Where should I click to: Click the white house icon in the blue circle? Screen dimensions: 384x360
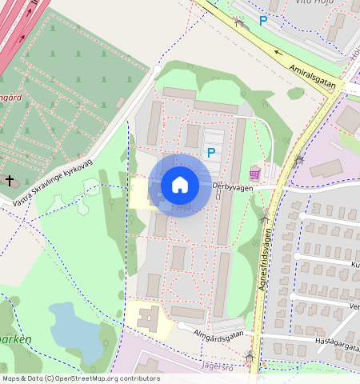tap(180, 185)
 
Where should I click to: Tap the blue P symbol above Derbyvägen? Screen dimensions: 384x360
tap(211, 152)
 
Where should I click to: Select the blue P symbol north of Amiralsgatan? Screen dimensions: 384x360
tap(262, 21)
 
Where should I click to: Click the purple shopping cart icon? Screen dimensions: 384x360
tap(255, 173)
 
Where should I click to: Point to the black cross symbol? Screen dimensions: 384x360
tap(10, 181)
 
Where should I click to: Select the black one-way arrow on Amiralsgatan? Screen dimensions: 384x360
tap(278, 53)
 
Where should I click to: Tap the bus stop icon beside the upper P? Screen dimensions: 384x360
tap(238, 22)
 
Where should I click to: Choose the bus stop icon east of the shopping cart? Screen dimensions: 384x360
tap(298, 160)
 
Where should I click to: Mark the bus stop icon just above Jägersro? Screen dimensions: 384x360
tap(250, 355)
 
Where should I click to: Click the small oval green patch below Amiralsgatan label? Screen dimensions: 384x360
tap(296, 94)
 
